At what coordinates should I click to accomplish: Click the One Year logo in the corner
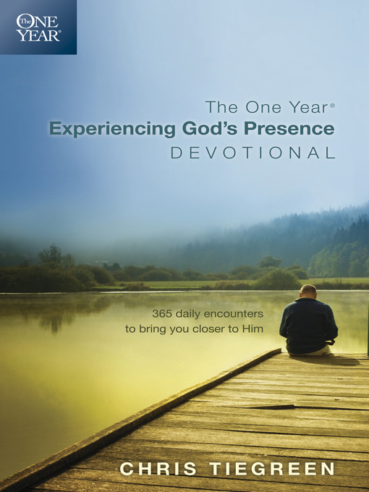[x=38, y=27]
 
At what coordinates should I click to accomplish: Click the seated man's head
[x=307, y=292]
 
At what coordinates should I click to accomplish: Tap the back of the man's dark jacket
[x=307, y=323]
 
